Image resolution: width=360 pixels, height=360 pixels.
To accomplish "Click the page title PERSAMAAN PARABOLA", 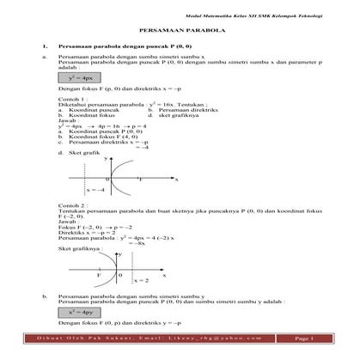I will (x=180, y=28).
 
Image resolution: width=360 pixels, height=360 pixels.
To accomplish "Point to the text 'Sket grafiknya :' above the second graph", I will (x=77, y=247).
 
